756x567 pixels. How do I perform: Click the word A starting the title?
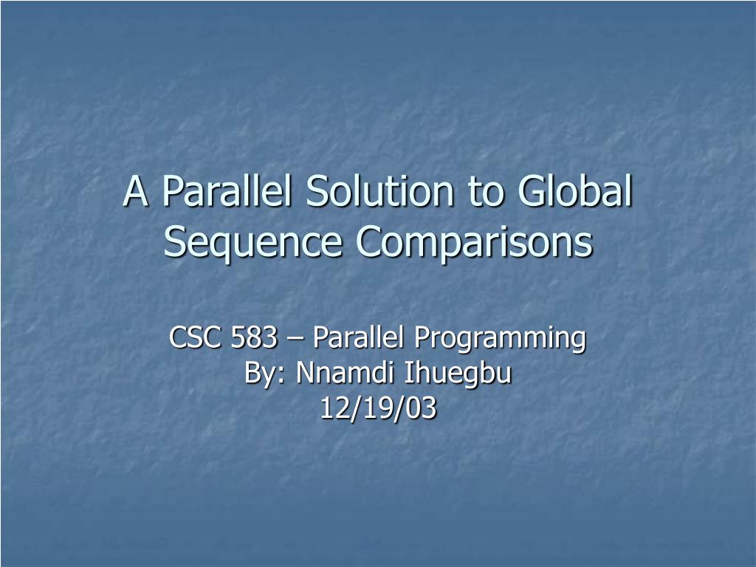click(x=134, y=191)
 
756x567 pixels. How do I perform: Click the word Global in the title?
click(x=575, y=191)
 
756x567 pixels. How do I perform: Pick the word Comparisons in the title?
click(x=475, y=242)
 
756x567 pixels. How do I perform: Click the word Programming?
click(x=499, y=340)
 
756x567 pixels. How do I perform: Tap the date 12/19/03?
click(x=378, y=408)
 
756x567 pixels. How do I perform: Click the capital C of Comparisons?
click(x=369, y=241)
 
